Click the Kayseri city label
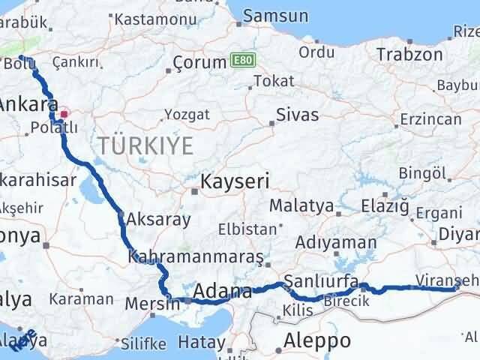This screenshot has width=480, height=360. pyautogui.click(x=234, y=181)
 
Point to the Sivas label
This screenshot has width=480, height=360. pyautogui.click(x=297, y=115)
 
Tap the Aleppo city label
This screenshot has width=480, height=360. pyautogui.click(x=317, y=340)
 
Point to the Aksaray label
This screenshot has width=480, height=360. pyautogui.click(x=158, y=220)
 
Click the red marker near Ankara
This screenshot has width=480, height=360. pyautogui.click(x=64, y=114)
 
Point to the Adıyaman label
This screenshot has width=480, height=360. pyautogui.click(x=335, y=242)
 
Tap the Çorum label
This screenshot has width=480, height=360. pyautogui.click(x=199, y=62)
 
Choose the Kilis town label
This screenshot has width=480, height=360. pyautogui.click(x=294, y=310)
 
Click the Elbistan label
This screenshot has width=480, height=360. pyautogui.click(x=242, y=229)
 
